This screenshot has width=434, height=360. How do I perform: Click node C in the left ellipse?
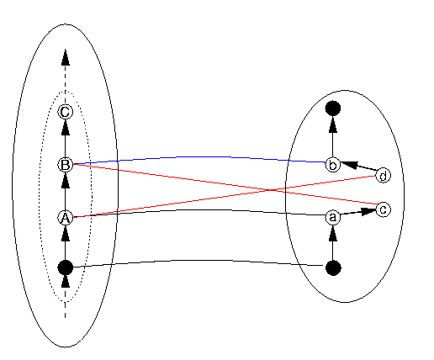[65, 112]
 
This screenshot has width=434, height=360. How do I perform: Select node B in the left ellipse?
[65, 165]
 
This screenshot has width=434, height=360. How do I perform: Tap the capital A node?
[65, 218]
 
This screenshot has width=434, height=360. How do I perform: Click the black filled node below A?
[65, 267]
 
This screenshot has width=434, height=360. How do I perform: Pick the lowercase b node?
[333, 165]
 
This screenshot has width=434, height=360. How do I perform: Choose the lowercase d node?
[383, 176]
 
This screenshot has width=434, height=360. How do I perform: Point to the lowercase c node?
[383, 209]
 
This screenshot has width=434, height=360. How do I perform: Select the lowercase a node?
[333, 217]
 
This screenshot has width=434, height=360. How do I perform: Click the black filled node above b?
[333, 109]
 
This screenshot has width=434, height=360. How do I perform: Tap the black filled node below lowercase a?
[333, 267]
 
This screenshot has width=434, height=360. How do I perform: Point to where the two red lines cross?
[271, 190]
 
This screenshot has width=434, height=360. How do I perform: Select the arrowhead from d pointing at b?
[349, 165]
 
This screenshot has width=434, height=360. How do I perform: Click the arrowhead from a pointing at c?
[368, 211]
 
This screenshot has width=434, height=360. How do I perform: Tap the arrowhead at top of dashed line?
[66, 57]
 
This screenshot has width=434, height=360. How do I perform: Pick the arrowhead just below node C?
[66, 127]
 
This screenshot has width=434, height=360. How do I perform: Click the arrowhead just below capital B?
[66, 180]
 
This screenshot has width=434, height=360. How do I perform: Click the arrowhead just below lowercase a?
[333, 233]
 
